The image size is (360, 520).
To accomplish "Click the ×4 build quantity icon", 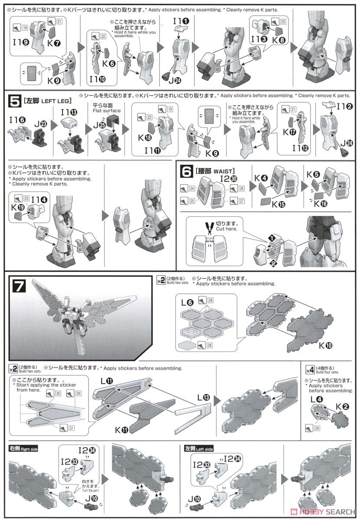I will (x=310, y=370).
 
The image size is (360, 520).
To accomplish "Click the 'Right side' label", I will (x=23, y=449).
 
